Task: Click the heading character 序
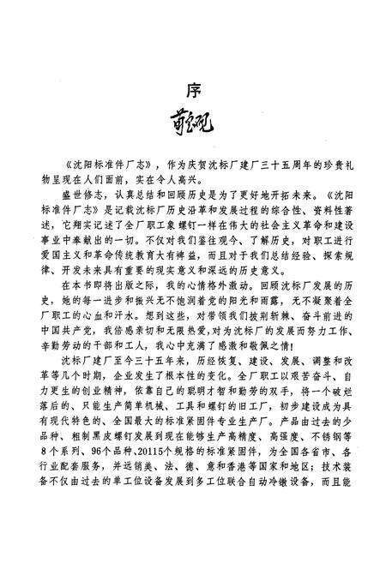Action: [194, 89]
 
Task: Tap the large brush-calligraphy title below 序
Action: [193, 135]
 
